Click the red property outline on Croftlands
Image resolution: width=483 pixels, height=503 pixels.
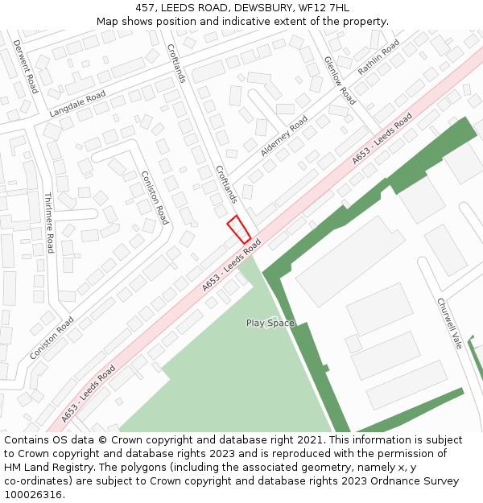click(x=238, y=229)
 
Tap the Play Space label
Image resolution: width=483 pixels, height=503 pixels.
click(x=270, y=324)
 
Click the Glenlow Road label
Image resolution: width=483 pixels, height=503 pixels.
click(x=339, y=80)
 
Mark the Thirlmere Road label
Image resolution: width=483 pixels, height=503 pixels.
click(x=48, y=222)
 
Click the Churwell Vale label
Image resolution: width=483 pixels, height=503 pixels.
click(x=449, y=324)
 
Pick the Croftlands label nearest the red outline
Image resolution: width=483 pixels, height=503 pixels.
click(x=226, y=184)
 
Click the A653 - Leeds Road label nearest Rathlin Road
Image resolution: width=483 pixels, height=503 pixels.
click(x=382, y=139)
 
